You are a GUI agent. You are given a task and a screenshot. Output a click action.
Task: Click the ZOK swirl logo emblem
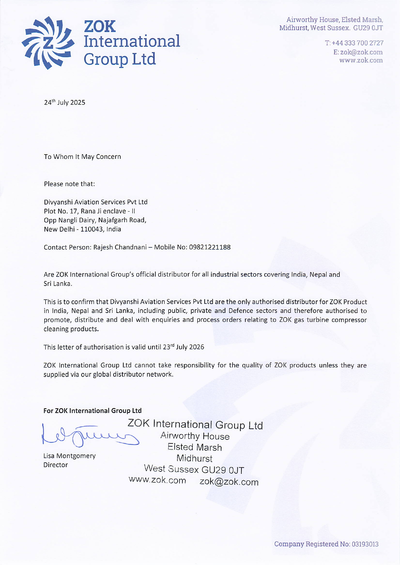pos(48,43)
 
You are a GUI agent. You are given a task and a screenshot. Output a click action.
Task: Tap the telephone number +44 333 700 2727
pos(357,43)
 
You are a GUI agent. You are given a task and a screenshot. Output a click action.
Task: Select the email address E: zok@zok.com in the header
pos(358,52)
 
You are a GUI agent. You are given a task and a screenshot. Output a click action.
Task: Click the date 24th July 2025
pos(65,103)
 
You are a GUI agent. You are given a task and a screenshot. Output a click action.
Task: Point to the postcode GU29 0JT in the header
pos(368,28)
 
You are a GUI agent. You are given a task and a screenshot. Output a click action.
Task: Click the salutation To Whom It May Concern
pos(82,157)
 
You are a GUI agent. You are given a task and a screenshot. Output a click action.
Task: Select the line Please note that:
pos(69,184)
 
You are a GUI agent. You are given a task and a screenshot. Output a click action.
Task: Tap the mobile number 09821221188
pos(210,247)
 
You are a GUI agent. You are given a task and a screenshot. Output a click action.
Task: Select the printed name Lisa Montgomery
pos(69,456)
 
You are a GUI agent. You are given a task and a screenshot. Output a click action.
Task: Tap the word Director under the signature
pos(56,465)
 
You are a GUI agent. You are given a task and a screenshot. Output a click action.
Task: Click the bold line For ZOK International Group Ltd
pos(92,411)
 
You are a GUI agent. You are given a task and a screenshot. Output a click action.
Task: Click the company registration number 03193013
pos(365,544)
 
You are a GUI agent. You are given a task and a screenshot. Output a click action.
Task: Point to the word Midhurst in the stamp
pos(194,458)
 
